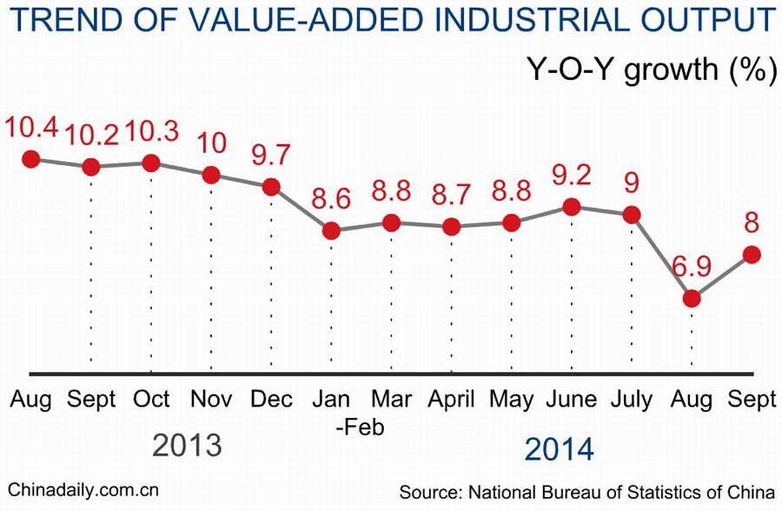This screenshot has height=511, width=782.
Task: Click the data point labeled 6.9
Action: [x=692, y=298]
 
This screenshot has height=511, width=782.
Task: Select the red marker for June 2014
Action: [x=571, y=207]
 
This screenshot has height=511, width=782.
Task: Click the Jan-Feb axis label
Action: [x=331, y=413]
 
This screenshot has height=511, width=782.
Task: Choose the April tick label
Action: [x=451, y=400]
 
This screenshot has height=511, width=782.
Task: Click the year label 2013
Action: [x=187, y=446]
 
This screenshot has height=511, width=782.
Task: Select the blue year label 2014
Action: [x=560, y=449]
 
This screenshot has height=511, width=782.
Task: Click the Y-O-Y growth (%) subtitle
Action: [x=651, y=69]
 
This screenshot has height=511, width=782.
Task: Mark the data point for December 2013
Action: [x=271, y=187]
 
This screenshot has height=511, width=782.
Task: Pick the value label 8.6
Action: [x=331, y=198]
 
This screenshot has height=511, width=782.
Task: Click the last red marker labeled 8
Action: [x=752, y=255]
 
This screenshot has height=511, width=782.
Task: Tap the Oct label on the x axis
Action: [x=151, y=400]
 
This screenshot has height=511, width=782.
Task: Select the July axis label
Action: [x=632, y=400]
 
